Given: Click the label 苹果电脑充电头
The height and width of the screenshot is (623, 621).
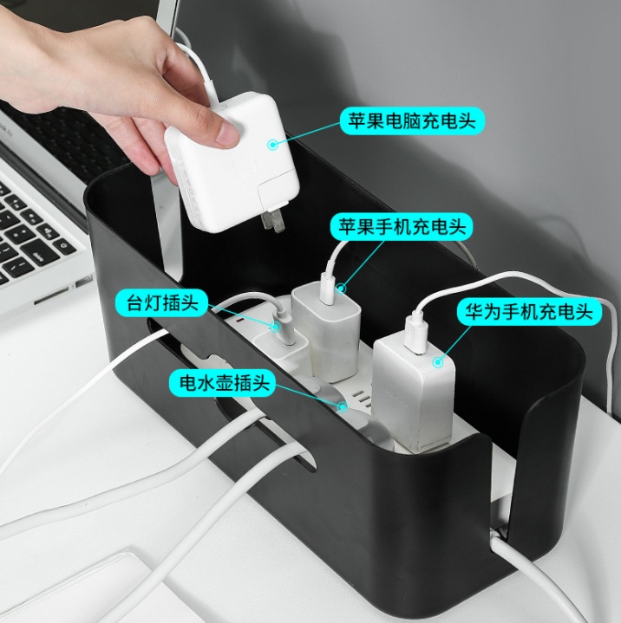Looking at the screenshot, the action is pos(412,120).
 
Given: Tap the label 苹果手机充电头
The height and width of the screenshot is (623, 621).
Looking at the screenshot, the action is pos(402,227).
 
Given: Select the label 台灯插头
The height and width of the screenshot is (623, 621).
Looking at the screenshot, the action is pos(162,302).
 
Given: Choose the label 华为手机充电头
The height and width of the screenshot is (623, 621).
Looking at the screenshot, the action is pos(529,311).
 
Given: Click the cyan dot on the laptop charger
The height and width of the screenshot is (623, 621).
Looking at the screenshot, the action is pos(272,144).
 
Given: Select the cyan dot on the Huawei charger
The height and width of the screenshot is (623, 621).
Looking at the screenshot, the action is pos(438,361).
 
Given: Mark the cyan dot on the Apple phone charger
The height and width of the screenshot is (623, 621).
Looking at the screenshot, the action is pos(342,288).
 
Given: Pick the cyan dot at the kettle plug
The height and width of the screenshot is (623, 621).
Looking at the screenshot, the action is pos(342,406).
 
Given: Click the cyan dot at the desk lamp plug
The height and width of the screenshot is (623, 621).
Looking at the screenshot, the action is pos(275,327).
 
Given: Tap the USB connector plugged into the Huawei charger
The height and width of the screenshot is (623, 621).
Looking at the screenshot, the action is pos(416,333).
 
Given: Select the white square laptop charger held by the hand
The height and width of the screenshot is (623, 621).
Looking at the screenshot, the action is pos(232,163).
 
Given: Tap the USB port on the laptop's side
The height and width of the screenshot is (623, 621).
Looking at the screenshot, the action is pos(82,282).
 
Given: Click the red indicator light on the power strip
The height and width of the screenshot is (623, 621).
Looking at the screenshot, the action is pos(239,319).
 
